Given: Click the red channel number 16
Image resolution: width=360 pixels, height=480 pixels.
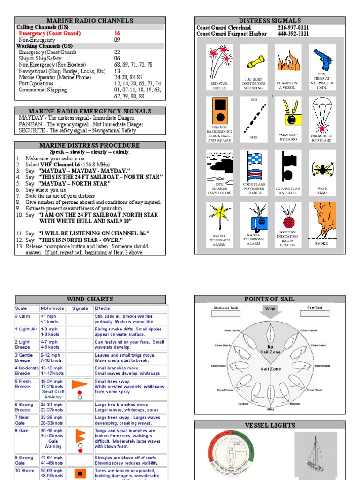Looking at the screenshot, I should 117,34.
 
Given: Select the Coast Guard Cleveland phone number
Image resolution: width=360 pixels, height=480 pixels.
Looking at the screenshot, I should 293,28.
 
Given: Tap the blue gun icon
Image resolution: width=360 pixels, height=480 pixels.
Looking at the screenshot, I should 322,59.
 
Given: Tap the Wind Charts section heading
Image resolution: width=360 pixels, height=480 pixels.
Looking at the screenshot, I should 90,299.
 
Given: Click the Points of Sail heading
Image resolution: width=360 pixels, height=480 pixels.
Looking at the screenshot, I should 270,299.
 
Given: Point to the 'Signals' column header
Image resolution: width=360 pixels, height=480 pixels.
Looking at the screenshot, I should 80,308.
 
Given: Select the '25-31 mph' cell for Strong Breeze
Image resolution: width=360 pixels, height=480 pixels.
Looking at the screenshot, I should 52,405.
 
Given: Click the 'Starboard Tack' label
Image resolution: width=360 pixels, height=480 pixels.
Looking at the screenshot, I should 226,308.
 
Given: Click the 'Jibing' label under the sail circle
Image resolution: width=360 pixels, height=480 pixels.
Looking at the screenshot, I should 270,409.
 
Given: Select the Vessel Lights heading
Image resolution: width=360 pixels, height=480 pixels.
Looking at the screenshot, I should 270,425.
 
